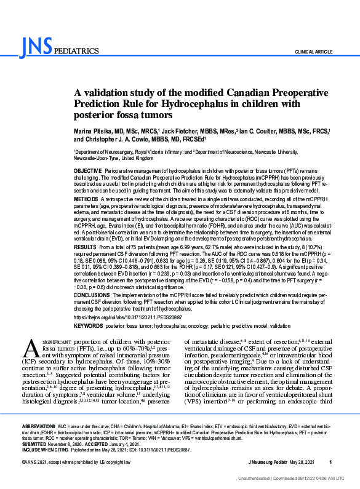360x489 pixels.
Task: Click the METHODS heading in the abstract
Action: [x=86, y=200]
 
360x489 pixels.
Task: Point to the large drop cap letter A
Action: [x=31, y=349]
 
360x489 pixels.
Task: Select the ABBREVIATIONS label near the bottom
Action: [x=38, y=426]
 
